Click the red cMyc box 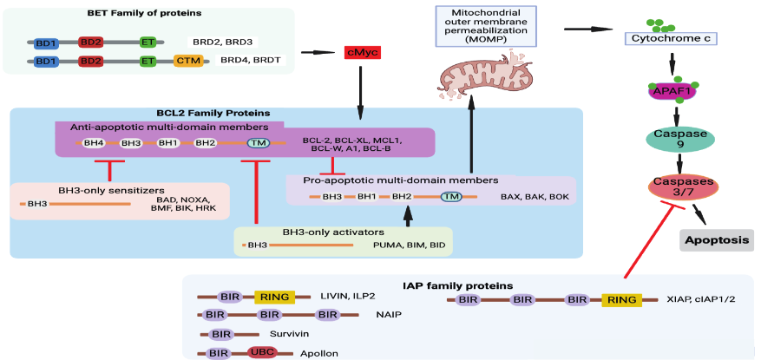tap(362, 53)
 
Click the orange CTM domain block tap(187, 62)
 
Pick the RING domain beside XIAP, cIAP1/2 tap(621, 299)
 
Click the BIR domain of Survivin tap(221, 333)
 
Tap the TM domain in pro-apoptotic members tap(450, 197)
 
